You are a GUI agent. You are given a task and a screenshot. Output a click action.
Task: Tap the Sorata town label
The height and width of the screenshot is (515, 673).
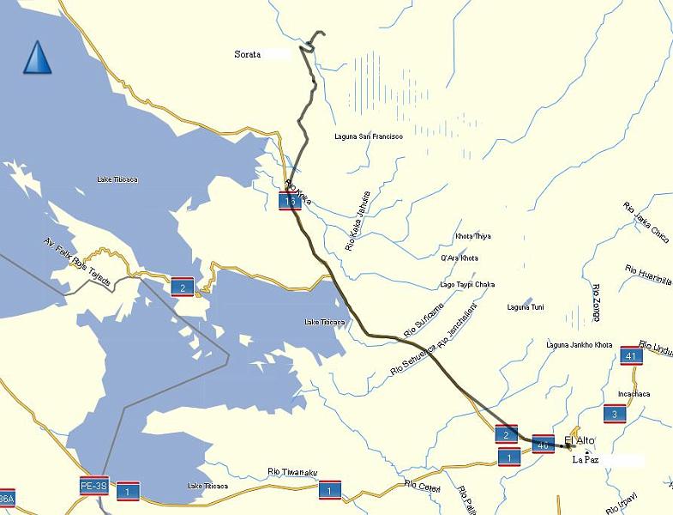pyautogui.click(x=247, y=54)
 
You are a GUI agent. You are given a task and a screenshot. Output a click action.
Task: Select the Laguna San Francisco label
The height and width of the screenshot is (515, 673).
pyautogui.click(x=369, y=136)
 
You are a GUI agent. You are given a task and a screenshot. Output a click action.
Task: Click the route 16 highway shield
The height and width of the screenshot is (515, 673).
pyautogui.click(x=290, y=201)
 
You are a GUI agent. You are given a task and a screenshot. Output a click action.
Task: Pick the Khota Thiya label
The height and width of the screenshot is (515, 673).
pyautogui.click(x=473, y=236)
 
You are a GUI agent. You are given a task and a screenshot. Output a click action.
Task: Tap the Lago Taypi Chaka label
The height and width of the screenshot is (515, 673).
pyautogui.click(x=466, y=284)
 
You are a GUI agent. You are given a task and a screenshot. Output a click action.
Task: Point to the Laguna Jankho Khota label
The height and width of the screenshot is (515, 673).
pyautogui.click(x=580, y=345)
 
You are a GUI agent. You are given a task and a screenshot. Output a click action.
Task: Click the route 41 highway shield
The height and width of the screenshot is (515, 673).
pyautogui.click(x=631, y=355)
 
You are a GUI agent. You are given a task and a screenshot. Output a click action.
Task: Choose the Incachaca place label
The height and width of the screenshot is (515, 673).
pyautogui.click(x=628, y=394)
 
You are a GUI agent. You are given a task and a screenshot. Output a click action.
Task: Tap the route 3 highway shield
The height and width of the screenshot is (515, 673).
pyautogui.click(x=615, y=415)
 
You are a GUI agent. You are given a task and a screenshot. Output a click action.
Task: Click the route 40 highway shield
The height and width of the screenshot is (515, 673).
pyautogui.click(x=543, y=445)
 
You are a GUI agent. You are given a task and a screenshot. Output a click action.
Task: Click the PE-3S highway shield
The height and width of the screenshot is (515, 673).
pyautogui.click(x=93, y=484)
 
